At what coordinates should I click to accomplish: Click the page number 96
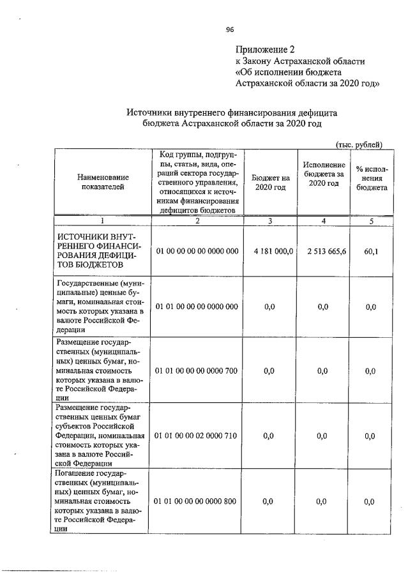[x=230, y=29]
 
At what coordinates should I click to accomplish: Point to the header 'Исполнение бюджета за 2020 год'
[x=324, y=174]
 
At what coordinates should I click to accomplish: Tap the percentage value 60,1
[x=371, y=252]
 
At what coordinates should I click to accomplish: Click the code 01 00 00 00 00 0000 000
[x=197, y=252]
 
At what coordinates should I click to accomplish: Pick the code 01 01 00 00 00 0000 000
[x=197, y=307]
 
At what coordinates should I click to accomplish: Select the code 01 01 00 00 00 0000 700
[x=197, y=370]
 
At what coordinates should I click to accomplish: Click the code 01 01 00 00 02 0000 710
[x=197, y=436]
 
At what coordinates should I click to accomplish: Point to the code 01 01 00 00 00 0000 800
[x=197, y=501]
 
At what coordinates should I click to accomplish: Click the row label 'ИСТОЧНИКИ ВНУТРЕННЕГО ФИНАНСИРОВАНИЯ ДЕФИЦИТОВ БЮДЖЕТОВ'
[x=96, y=251]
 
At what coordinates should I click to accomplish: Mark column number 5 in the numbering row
[x=371, y=221]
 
